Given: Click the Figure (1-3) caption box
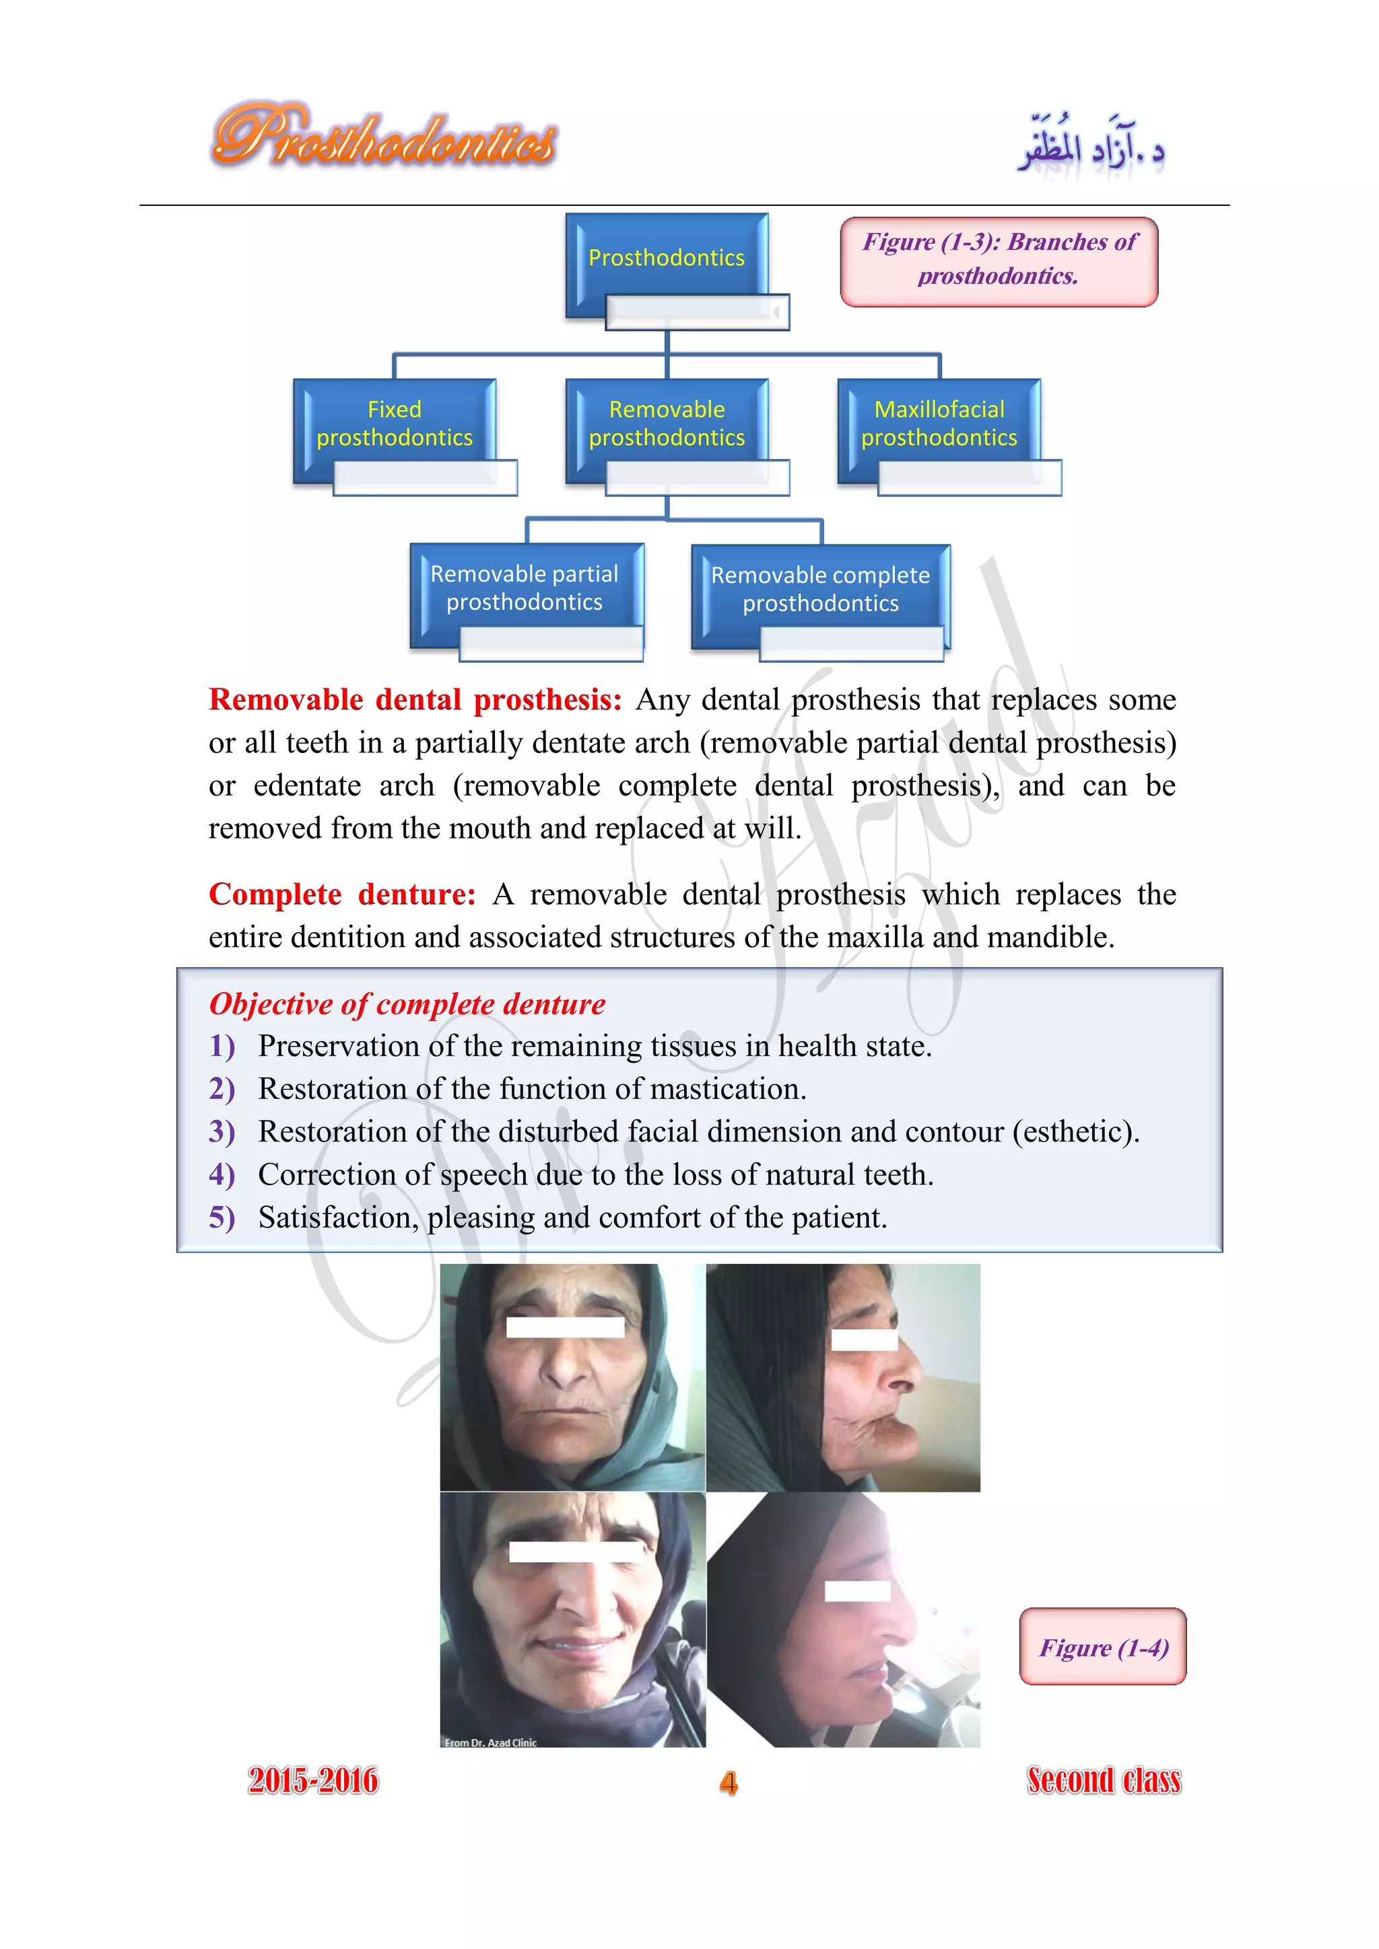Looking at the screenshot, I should (x=999, y=260).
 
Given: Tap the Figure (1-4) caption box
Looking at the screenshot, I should (x=1102, y=1647).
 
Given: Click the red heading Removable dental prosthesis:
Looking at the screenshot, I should (x=415, y=701).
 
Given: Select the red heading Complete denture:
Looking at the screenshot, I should (x=342, y=894).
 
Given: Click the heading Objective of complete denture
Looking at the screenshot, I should (x=407, y=1004).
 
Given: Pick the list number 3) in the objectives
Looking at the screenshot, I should (x=222, y=1133).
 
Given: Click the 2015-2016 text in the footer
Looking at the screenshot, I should (x=312, y=1781).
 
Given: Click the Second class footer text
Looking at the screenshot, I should (x=1103, y=1780).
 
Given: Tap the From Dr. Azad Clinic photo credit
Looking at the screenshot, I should (x=490, y=1742).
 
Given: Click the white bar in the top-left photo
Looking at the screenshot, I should (x=565, y=1326).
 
